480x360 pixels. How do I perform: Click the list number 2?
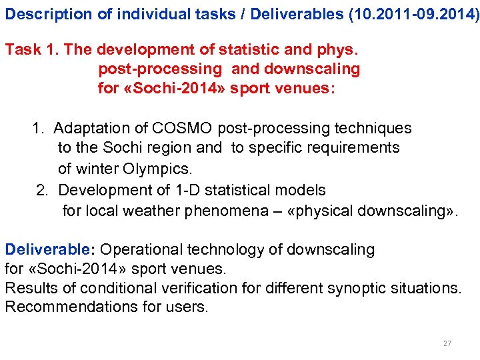pyautogui.click(x=43, y=191)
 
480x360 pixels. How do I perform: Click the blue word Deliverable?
pyautogui.click(x=50, y=250)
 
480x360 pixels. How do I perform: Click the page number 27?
pyautogui.click(x=447, y=343)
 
